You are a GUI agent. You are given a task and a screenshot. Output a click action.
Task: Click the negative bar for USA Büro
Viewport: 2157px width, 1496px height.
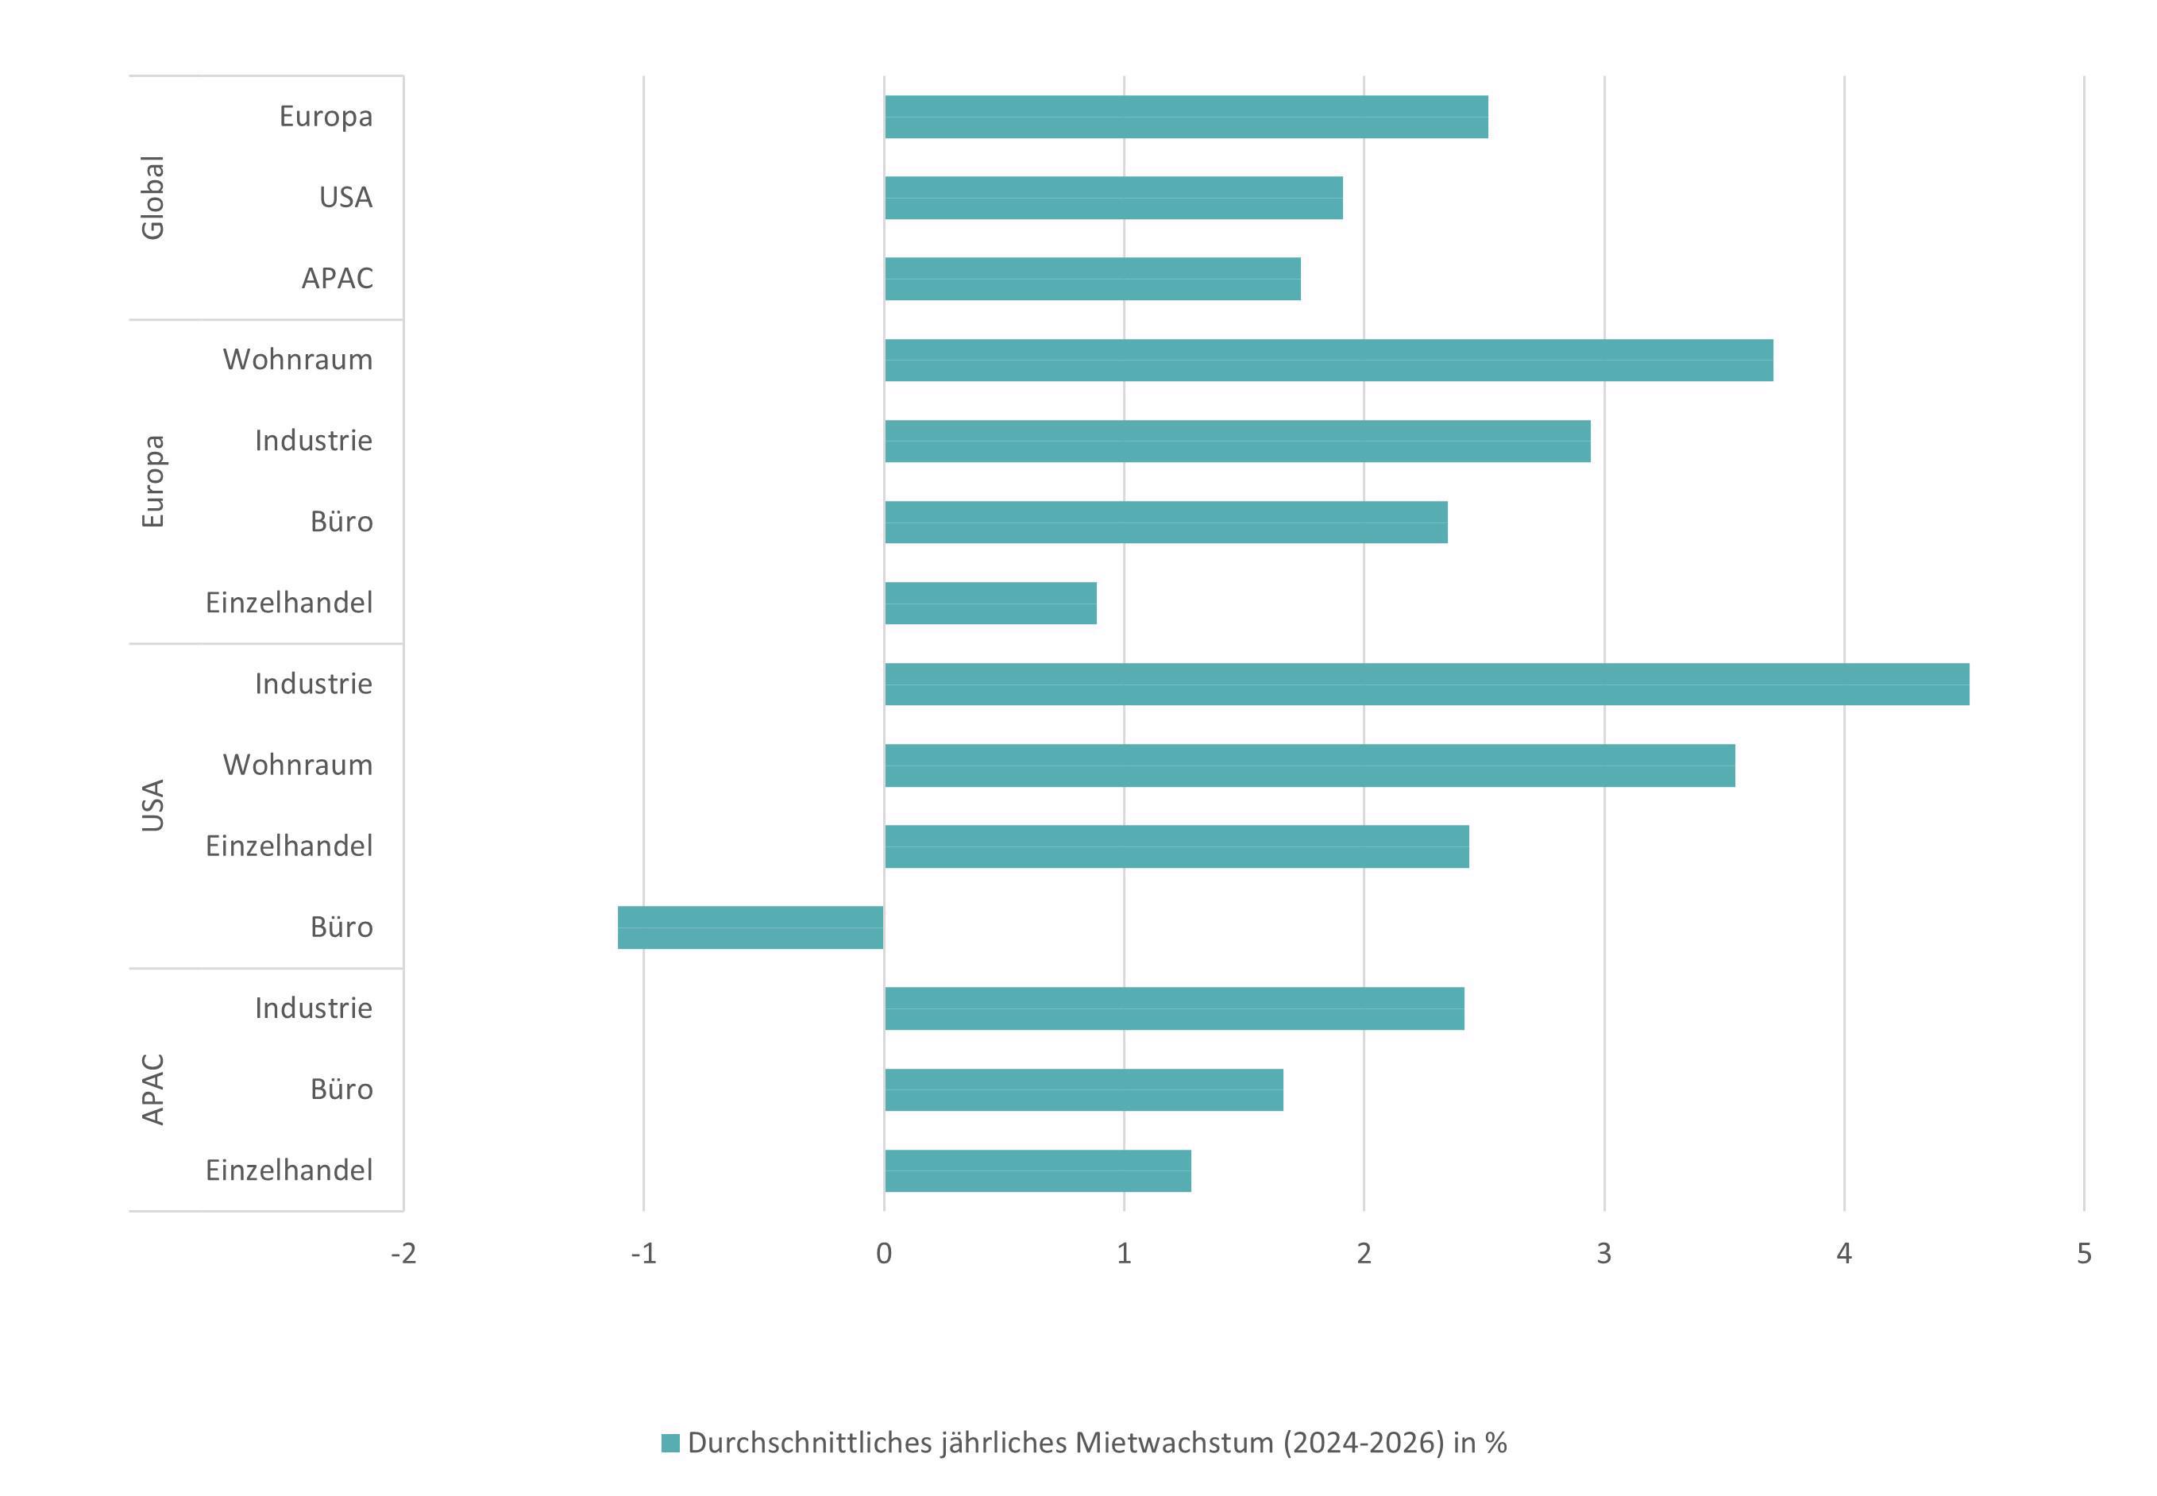pos(750,927)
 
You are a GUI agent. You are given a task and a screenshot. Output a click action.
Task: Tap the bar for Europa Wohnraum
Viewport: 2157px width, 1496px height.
pos(1329,360)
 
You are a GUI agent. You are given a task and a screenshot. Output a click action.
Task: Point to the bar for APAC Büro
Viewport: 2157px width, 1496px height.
pos(1082,1089)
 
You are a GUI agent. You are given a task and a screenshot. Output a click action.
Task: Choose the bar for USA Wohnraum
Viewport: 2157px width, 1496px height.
pos(1309,765)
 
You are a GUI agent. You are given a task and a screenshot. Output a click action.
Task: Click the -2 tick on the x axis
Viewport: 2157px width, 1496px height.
pos(403,1254)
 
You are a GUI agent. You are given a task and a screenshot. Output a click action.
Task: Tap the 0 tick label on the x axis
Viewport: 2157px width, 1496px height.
pos(883,1254)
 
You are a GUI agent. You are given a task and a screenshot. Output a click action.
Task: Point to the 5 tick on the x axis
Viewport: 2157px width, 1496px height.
pos(2084,1254)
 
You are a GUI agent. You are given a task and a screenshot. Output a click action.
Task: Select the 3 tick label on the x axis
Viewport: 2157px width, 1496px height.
pos(1604,1254)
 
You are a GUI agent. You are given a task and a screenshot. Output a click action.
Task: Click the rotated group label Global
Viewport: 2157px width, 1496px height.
pos(152,198)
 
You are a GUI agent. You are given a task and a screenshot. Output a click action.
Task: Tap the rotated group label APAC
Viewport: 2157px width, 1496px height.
pos(152,1089)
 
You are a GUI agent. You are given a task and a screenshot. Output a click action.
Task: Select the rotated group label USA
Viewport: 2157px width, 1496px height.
pos(152,805)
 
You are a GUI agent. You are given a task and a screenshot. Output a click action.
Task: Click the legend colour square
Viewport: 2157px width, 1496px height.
pos(670,1444)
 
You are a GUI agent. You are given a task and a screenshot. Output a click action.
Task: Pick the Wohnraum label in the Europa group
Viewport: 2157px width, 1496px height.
pos(297,360)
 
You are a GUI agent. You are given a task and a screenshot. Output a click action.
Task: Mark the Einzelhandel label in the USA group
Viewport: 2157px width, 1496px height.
pos(289,846)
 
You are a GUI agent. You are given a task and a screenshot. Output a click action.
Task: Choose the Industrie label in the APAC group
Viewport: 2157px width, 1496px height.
pos(313,1008)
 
